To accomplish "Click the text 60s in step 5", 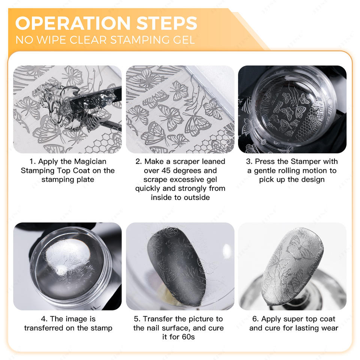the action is (188, 337).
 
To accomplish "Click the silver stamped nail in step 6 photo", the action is (292, 267).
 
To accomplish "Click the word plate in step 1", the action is (85, 180).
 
